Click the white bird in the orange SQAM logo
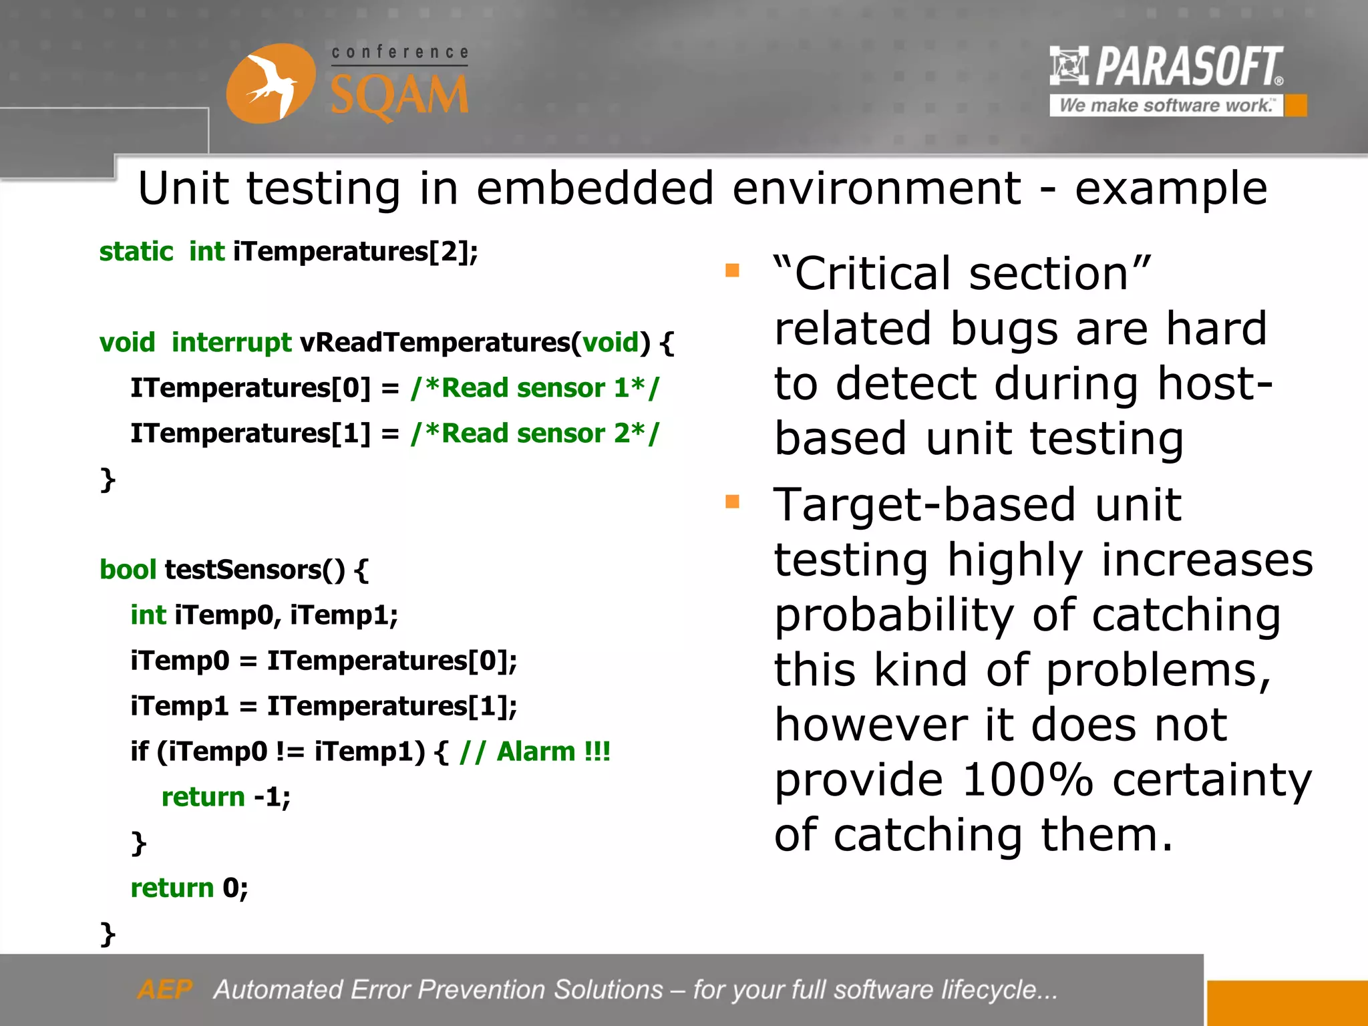tap(271, 85)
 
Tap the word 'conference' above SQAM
tap(399, 52)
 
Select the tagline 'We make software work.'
tap(1166, 106)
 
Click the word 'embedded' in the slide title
tap(594, 188)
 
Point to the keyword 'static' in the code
tap(136, 252)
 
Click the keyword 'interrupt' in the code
tap(231, 343)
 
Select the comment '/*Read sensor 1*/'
tap(534, 388)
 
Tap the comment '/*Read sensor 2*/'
tap(534, 434)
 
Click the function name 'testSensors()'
tap(254, 570)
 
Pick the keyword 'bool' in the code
tap(127, 570)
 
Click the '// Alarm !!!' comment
tap(534, 752)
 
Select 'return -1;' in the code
tap(226, 797)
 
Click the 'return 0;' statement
tap(189, 888)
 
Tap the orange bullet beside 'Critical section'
tap(732, 271)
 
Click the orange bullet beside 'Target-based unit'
tap(732, 502)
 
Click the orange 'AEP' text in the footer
tap(164, 989)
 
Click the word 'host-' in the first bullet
tap(1214, 384)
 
